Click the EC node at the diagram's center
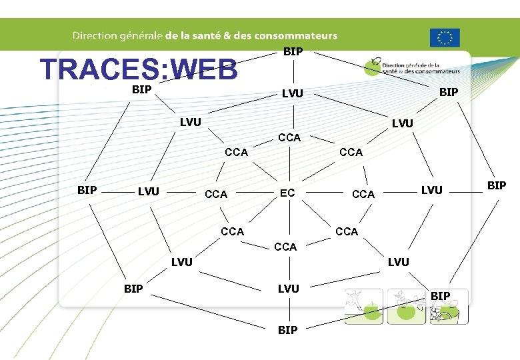click(x=287, y=193)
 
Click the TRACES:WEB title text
click(x=138, y=69)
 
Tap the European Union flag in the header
click(x=445, y=38)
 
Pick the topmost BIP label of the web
click(x=293, y=51)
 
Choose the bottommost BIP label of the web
click(x=288, y=330)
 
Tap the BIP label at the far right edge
click(x=497, y=185)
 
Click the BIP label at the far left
click(x=87, y=190)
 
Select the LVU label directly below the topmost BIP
click(x=292, y=95)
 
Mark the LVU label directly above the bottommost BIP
click(x=288, y=289)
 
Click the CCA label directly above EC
click(x=289, y=137)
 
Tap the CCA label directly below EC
click(x=285, y=247)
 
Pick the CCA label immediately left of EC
click(x=216, y=195)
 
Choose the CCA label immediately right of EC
click(x=363, y=195)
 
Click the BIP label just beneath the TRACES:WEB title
click(x=141, y=89)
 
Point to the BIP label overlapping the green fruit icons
click(x=441, y=295)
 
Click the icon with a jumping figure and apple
click(x=364, y=306)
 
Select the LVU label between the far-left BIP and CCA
click(x=148, y=192)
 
